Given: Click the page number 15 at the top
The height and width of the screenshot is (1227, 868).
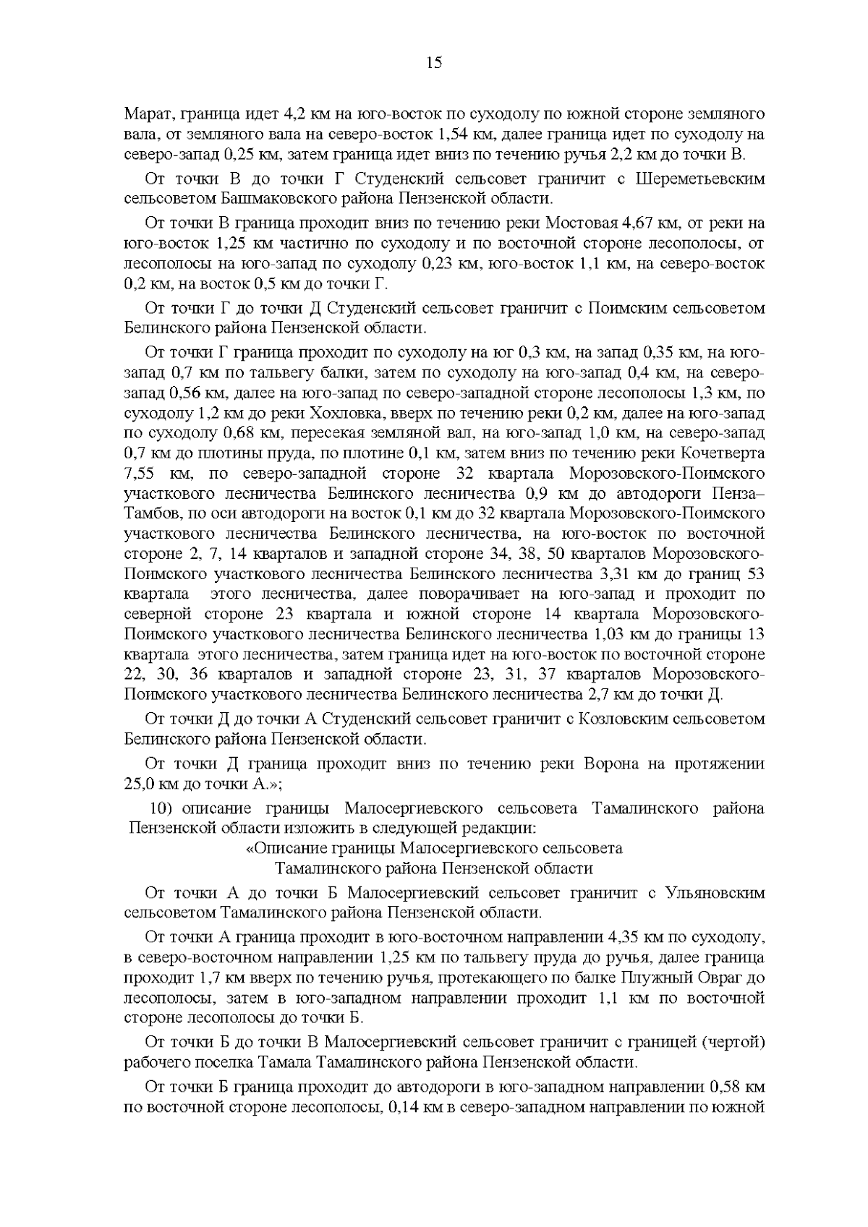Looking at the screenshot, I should tap(434, 62).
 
